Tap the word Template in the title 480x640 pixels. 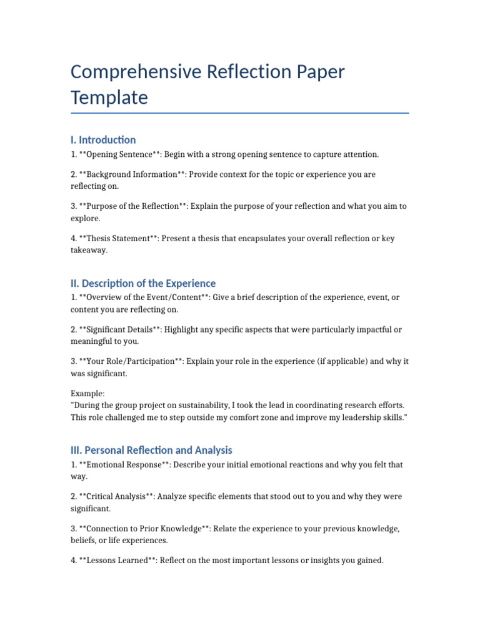(109, 98)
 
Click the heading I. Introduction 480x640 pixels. (103, 140)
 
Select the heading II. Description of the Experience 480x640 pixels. (143, 283)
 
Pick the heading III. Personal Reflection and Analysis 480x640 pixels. (151, 450)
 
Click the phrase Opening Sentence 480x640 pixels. (119, 154)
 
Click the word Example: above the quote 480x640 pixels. (87, 394)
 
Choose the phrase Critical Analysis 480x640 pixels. (116, 496)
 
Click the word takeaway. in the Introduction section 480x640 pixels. (89, 250)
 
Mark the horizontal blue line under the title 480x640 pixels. (240, 113)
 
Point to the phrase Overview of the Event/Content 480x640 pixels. (144, 297)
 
